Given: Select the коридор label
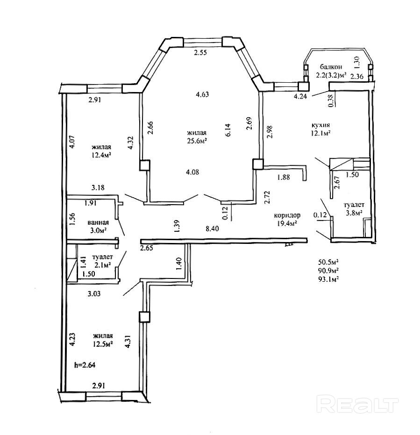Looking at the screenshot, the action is (287, 215).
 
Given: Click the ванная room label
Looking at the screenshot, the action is (98, 222).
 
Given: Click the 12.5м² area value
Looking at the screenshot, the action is (103, 344).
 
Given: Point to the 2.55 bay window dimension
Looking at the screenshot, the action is (201, 53).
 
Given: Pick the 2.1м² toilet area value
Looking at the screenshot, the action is (100, 265).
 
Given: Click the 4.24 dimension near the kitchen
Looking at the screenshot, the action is (300, 97).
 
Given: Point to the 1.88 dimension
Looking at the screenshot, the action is (284, 177).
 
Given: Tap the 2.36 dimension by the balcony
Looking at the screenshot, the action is (356, 76).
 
